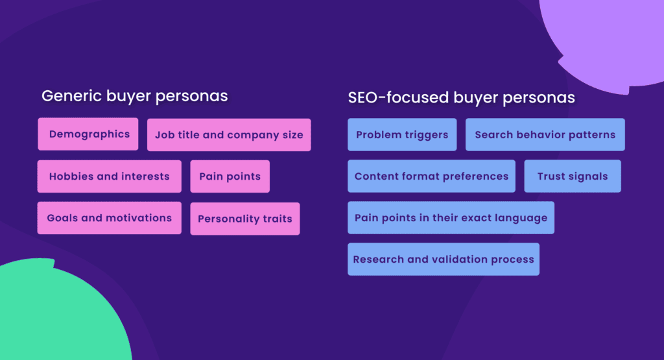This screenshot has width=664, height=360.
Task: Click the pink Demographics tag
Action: pos(88,134)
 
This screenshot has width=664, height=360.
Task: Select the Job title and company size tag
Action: pos(229,135)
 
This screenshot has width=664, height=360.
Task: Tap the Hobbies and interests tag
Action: pos(109,176)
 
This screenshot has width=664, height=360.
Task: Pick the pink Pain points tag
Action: pos(230,176)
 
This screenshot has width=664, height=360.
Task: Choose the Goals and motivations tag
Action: pos(109,218)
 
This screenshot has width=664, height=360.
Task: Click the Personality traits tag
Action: pos(244,219)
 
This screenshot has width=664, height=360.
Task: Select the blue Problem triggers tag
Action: pos(402,135)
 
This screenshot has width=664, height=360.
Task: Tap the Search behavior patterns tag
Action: pos(545,135)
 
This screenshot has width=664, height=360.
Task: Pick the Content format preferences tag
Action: pos(431,176)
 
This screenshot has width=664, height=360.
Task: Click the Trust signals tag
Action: pos(572,176)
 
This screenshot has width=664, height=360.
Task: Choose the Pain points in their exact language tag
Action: pos(451,218)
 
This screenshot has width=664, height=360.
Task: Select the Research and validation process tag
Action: pos(444,259)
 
